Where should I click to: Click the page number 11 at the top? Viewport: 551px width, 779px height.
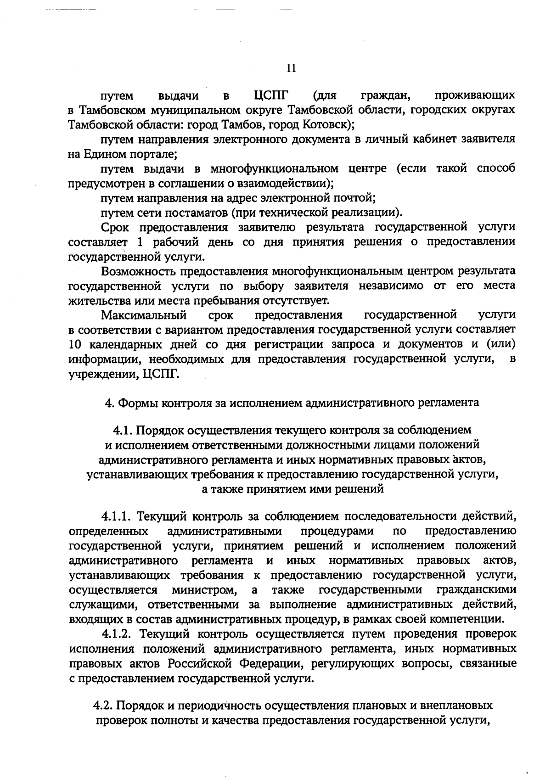pos(291,69)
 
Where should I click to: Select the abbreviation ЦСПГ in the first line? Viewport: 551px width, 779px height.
pos(271,96)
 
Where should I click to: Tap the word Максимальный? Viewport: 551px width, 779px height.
pos(144,315)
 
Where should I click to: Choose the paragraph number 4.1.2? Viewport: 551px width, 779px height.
pos(117,634)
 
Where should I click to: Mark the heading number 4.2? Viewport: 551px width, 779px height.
pos(103,705)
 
